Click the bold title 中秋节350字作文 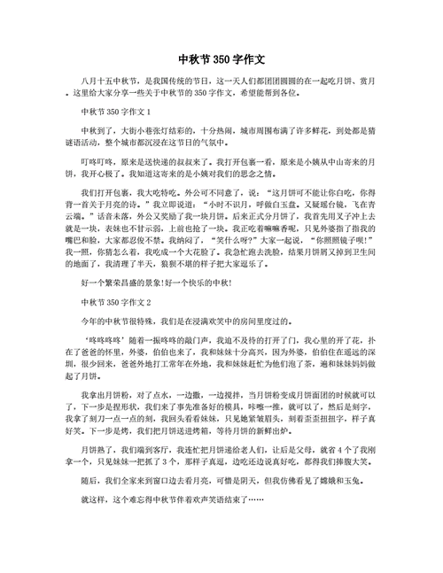pos(221,60)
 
